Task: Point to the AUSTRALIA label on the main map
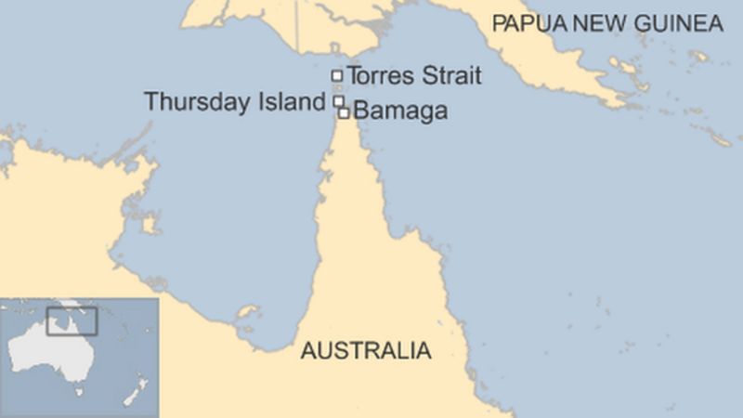(365, 351)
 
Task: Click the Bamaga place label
(401, 111)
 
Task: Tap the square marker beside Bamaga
(344, 112)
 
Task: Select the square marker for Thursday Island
(339, 100)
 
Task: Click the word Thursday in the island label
(185, 102)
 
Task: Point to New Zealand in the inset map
(137, 385)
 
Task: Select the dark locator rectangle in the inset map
(72, 320)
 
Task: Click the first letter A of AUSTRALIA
(306, 351)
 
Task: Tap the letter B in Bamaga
(361, 111)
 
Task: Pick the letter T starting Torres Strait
(353, 76)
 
